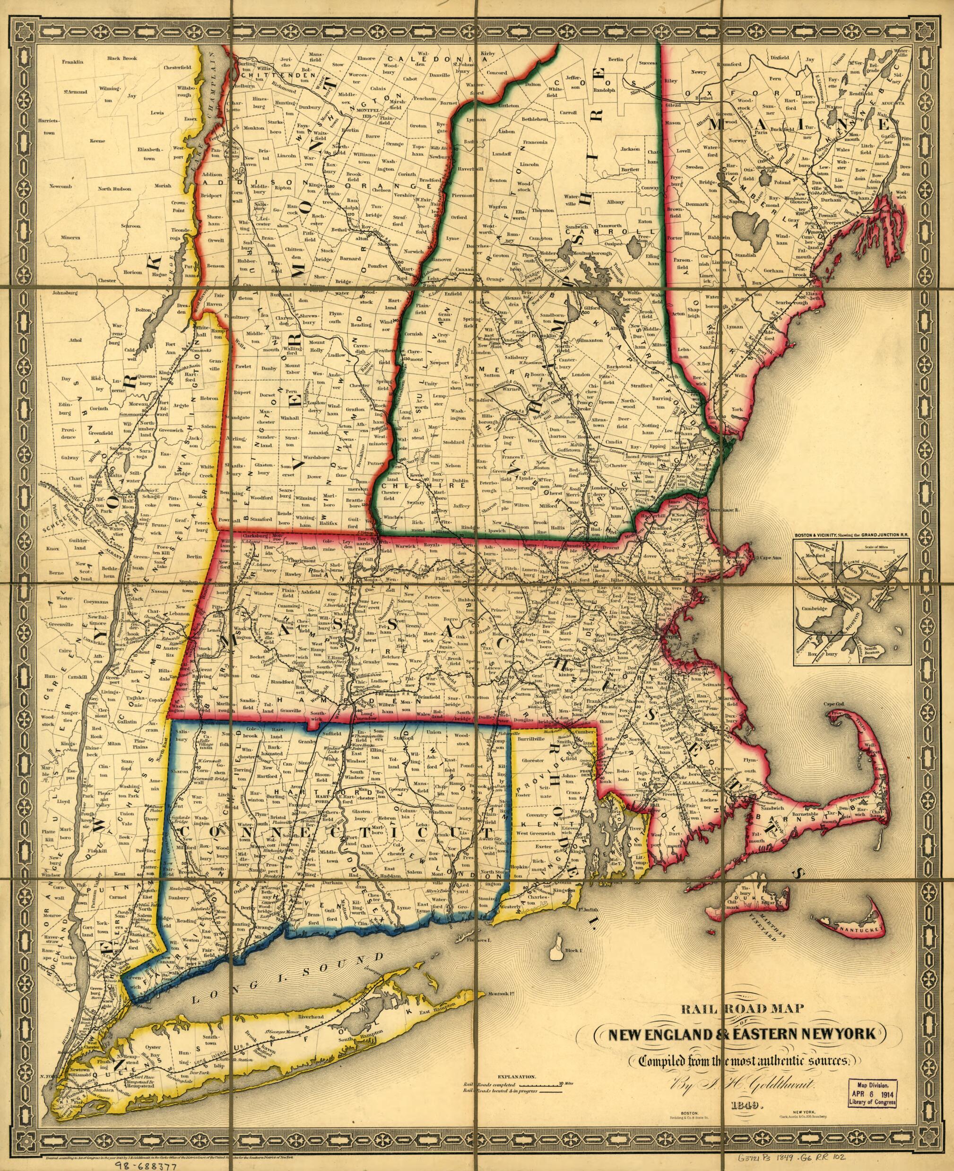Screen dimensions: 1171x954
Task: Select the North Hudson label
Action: [x=114, y=189]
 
